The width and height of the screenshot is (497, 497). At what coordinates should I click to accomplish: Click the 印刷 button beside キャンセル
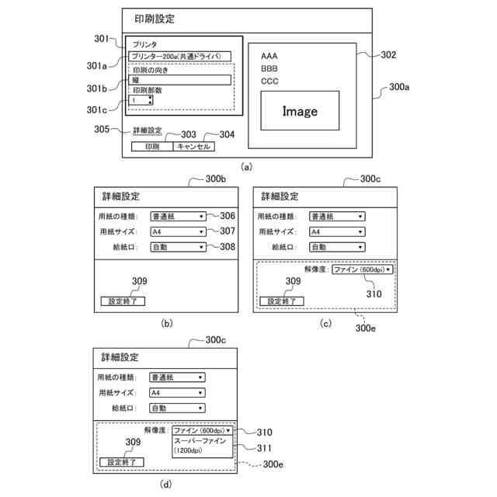pos(152,146)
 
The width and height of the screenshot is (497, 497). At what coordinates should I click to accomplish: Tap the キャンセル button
pos(193,146)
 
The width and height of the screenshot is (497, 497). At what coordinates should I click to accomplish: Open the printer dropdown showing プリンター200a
pos(179,56)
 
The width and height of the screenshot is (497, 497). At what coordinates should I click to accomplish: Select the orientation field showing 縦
pos(179,79)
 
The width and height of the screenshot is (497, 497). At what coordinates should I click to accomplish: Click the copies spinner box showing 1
pos(141,100)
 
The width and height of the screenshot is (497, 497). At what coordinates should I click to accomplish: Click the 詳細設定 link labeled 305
pos(147,130)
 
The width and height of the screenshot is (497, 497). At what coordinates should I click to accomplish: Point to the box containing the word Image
pos(300,111)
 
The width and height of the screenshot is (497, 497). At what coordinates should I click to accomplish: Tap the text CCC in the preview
pos(269,81)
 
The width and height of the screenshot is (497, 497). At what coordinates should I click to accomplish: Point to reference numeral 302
pos(388,55)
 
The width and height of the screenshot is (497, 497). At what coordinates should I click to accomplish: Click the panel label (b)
pos(166,322)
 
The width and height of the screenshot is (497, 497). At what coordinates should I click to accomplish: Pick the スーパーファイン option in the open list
pos(200,441)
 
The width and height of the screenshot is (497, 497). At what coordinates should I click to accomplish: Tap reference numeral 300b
pos(215,179)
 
